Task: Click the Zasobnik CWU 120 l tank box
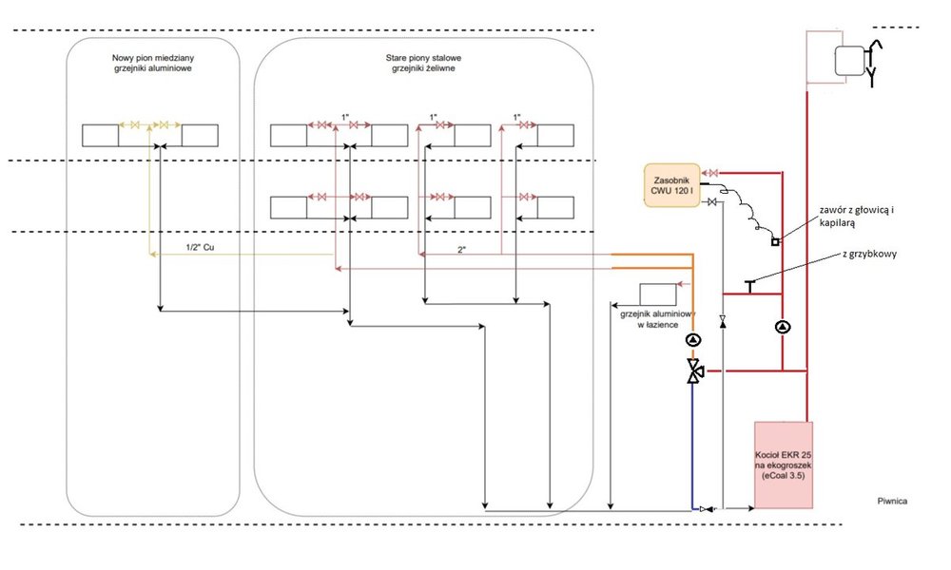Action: point(671,186)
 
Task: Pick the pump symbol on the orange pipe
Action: point(693,339)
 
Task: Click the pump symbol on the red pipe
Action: point(782,328)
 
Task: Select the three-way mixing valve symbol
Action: point(693,371)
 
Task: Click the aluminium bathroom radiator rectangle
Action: point(657,294)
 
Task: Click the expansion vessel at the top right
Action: point(849,61)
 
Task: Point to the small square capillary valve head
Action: point(776,240)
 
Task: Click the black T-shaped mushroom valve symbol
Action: point(748,284)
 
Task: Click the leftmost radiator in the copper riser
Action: point(100,135)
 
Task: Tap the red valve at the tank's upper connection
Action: point(713,173)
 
